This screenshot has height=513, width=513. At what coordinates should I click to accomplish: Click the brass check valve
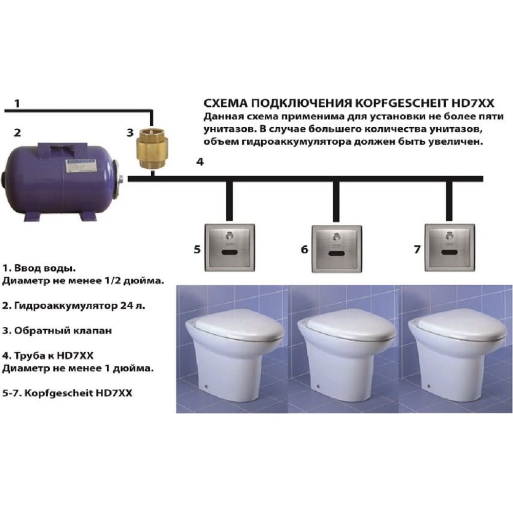(152, 149)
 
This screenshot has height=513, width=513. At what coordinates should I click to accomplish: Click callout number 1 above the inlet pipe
(17, 104)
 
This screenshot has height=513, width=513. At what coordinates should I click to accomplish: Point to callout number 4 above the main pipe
(200, 162)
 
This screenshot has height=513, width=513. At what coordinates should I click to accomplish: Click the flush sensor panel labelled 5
(229, 247)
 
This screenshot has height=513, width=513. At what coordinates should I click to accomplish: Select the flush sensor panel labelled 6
(337, 249)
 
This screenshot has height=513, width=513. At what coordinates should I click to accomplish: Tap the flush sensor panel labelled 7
(449, 247)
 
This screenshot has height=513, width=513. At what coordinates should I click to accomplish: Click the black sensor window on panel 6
(337, 253)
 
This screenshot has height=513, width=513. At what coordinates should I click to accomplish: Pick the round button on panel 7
(449, 235)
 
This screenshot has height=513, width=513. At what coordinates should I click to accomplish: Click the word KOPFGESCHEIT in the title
(401, 103)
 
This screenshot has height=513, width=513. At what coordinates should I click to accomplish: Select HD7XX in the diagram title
(473, 103)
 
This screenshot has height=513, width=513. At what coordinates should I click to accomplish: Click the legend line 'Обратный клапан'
(57, 330)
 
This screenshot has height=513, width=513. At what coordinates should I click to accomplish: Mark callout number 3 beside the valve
(130, 132)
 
